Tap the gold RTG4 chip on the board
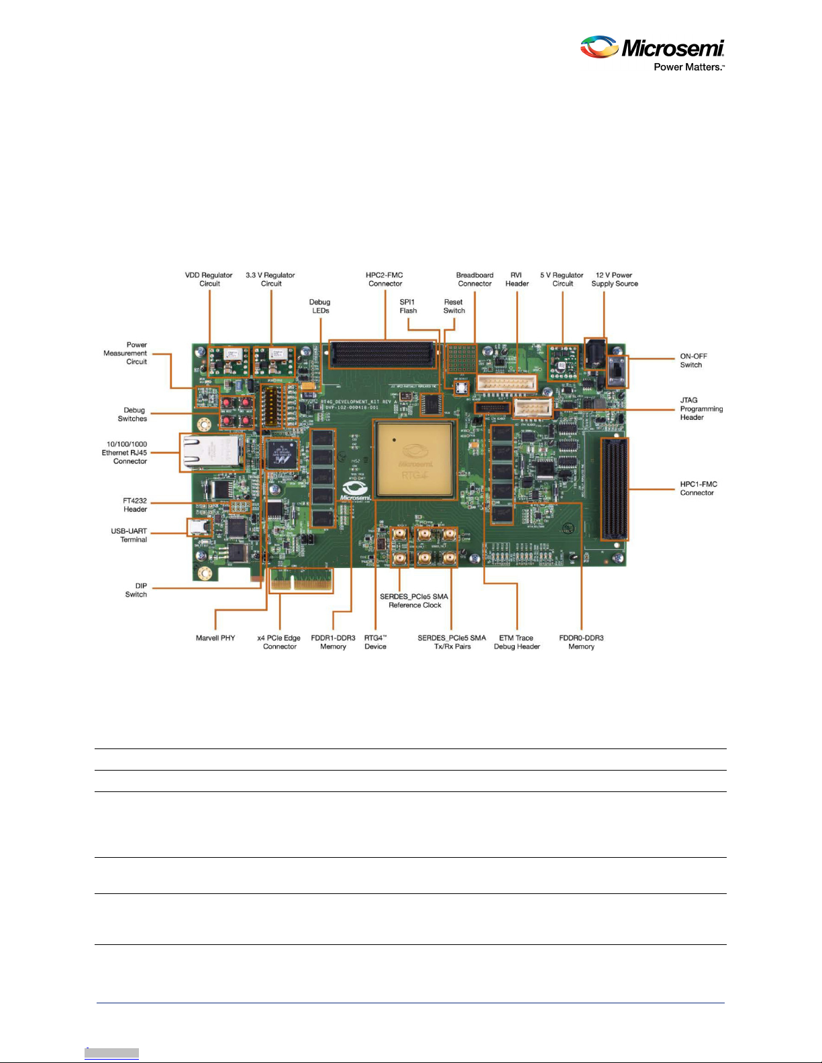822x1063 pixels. point(415,460)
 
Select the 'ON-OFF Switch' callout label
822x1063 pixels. point(693,361)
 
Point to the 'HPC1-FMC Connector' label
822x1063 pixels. point(698,488)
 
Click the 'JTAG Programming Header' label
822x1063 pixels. point(701,408)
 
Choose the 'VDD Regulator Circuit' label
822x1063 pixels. point(209,279)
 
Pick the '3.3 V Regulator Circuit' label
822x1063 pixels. point(270,279)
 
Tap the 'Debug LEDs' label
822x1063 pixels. point(320,306)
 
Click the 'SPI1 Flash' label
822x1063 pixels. point(408,306)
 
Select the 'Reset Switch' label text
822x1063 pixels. point(454,306)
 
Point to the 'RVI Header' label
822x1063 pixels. point(517,279)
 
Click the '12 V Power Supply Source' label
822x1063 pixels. point(614,279)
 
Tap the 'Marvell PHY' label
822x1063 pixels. point(215,638)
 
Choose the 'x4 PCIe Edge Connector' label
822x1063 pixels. point(279,642)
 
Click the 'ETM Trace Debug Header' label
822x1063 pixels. point(517,642)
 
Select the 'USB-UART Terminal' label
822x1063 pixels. point(129,535)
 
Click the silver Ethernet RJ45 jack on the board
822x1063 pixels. point(211,452)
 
